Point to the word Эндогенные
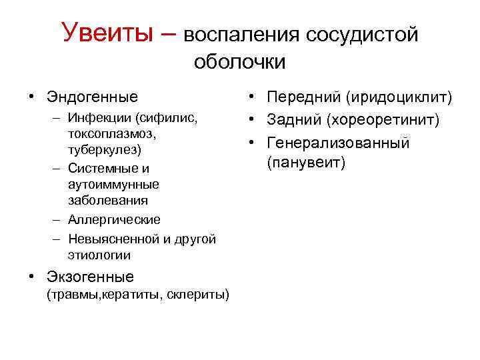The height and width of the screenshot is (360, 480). [92, 97]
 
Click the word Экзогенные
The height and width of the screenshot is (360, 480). [90, 276]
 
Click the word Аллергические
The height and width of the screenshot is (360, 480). [113, 219]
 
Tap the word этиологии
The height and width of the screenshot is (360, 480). [99, 255]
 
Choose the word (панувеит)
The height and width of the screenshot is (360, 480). [306, 163]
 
